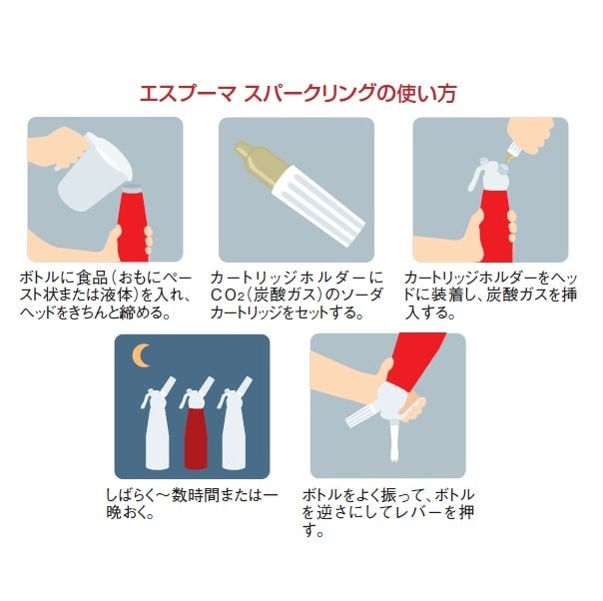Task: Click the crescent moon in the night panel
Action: tap(139, 355)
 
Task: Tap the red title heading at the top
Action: tap(299, 94)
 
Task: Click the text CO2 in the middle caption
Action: tap(228, 295)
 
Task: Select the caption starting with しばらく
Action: tap(192, 503)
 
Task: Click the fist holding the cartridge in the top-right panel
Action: tap(531, 135)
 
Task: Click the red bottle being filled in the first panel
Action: tap(133, 223)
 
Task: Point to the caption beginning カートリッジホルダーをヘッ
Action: tap(491, 295)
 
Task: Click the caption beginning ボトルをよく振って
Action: tap(388, 512)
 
